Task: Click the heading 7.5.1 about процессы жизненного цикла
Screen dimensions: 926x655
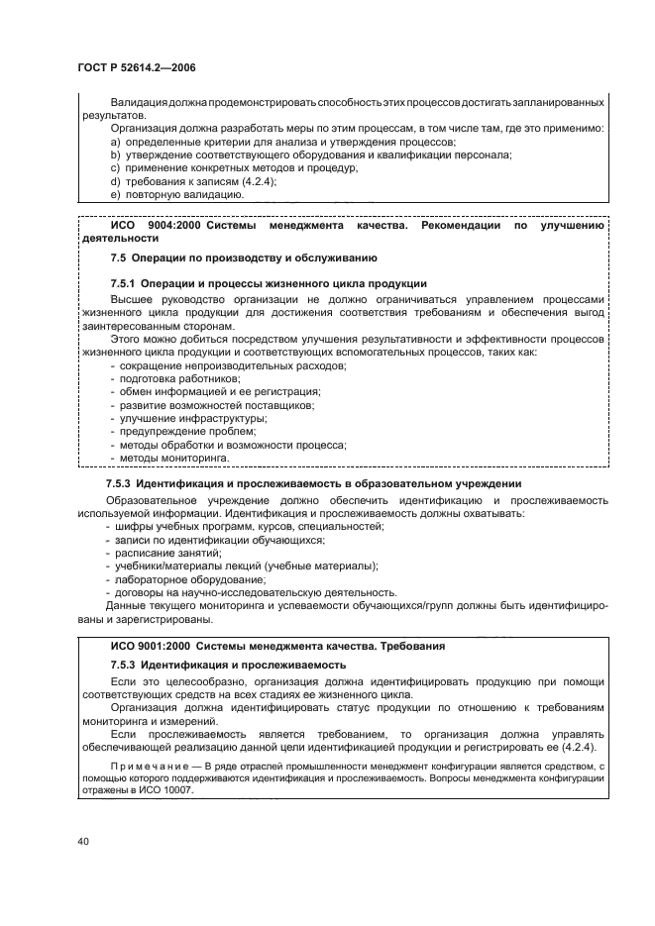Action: (269, 283)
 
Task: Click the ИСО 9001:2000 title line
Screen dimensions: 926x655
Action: (277, 646)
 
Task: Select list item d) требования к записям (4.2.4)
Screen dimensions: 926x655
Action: (193, 181)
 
